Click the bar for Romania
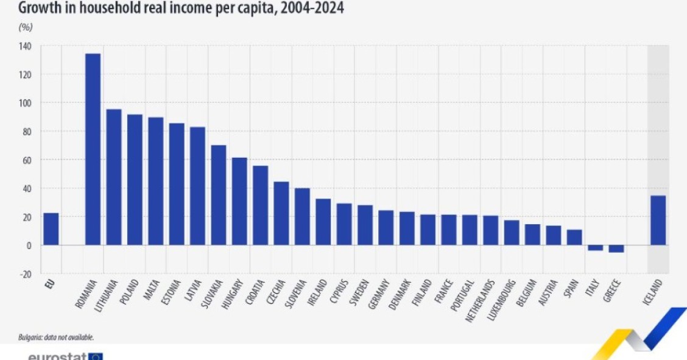click(x=93, y=149)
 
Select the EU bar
click(x=51, y=229)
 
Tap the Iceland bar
click(x=658, y=220)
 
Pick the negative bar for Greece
click(x=616, y=249)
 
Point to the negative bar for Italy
click(x=595, y=248)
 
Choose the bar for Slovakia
click(x=218, y=195)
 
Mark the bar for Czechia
click(x=281, y=213)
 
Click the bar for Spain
click(x=574, y=237)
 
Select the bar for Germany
click(x=386, y=228)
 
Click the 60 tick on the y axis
click(x=27, y=160)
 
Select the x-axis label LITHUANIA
click(x=108, y=295)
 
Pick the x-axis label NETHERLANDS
click(x=485, y=298)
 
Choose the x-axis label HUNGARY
click(x=234, y=293)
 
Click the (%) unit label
click(x=26, y=27)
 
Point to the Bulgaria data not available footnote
click(x=55, y=337)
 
